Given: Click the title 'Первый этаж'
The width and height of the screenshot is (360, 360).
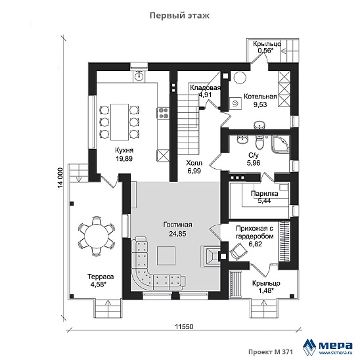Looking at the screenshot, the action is [x=179, y=16].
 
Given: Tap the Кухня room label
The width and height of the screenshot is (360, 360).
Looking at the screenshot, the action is [x=124, y=150].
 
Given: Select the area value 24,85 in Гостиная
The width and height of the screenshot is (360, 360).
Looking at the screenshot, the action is [x=177, y=234].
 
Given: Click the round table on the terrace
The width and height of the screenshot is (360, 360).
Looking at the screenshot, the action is [x=97, y=236].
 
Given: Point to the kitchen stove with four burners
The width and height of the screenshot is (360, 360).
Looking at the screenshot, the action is [x=163, y=113].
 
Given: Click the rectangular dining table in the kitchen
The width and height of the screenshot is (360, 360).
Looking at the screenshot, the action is [x=120, y=122].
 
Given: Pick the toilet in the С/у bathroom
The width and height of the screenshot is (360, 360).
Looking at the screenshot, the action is [x=260, y=142].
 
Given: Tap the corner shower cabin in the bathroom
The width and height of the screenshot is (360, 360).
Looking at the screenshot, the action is [x=281, y=144].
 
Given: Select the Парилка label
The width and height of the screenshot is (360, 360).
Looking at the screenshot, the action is [x=264, y=194].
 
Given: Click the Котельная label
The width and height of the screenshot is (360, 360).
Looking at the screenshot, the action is [x=260, y=97].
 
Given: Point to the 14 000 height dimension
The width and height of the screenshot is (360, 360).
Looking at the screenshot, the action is [x=60, y=178].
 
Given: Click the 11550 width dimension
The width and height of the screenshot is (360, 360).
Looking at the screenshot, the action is [x=184, y=326].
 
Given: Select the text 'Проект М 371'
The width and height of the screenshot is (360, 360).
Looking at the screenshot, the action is [x=271, y=352].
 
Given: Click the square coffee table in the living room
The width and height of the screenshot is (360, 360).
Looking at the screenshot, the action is [x=166, y=256].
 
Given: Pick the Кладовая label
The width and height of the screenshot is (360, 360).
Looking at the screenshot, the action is [x=205, y=88].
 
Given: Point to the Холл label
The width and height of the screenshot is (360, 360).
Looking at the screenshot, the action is [x=194, y=163].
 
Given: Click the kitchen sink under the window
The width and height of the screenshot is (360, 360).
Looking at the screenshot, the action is [x=139, y=76].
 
